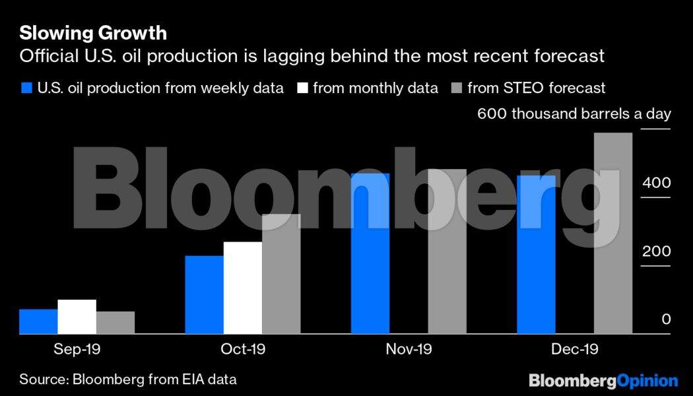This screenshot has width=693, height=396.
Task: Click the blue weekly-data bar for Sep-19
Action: [x=38, y=321]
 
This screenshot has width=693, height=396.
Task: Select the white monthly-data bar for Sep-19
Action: [x=77, y=317]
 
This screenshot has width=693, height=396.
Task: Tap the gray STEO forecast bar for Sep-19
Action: [x=115, y=323]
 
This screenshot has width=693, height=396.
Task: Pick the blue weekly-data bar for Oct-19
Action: [x=205, y=294]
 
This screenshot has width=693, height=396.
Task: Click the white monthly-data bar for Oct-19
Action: [x=243, y=288]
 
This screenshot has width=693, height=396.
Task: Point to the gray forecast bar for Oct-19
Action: [x=281, y=274]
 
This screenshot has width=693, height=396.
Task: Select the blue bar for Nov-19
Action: [x=370, y=253]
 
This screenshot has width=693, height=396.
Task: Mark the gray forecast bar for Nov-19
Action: [x=447, y=251]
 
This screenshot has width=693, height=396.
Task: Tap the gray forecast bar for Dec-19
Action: [x=613, y=233]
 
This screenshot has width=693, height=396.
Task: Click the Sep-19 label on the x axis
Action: [x=77, y=349]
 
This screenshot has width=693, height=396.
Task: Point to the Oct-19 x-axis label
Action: [x=242, y=349]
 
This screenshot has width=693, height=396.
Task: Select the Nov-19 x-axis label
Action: [x=409, y=349]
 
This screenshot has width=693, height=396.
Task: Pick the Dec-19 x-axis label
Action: [x=575, y=349]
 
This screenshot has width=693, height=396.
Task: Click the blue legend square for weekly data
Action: [x=26, y=88]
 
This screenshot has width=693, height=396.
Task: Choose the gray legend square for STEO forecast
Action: [x=455, y=88]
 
